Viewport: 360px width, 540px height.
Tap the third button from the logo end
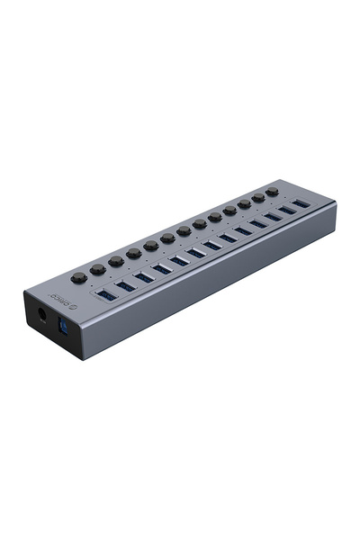116,260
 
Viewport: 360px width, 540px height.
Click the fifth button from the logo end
151,246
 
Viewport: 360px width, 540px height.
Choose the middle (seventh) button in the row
184,231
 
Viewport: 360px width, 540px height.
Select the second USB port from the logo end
125,286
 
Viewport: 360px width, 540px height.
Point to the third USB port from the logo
144,277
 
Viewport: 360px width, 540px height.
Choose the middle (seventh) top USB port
212,244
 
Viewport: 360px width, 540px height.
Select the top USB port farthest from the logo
301,202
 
